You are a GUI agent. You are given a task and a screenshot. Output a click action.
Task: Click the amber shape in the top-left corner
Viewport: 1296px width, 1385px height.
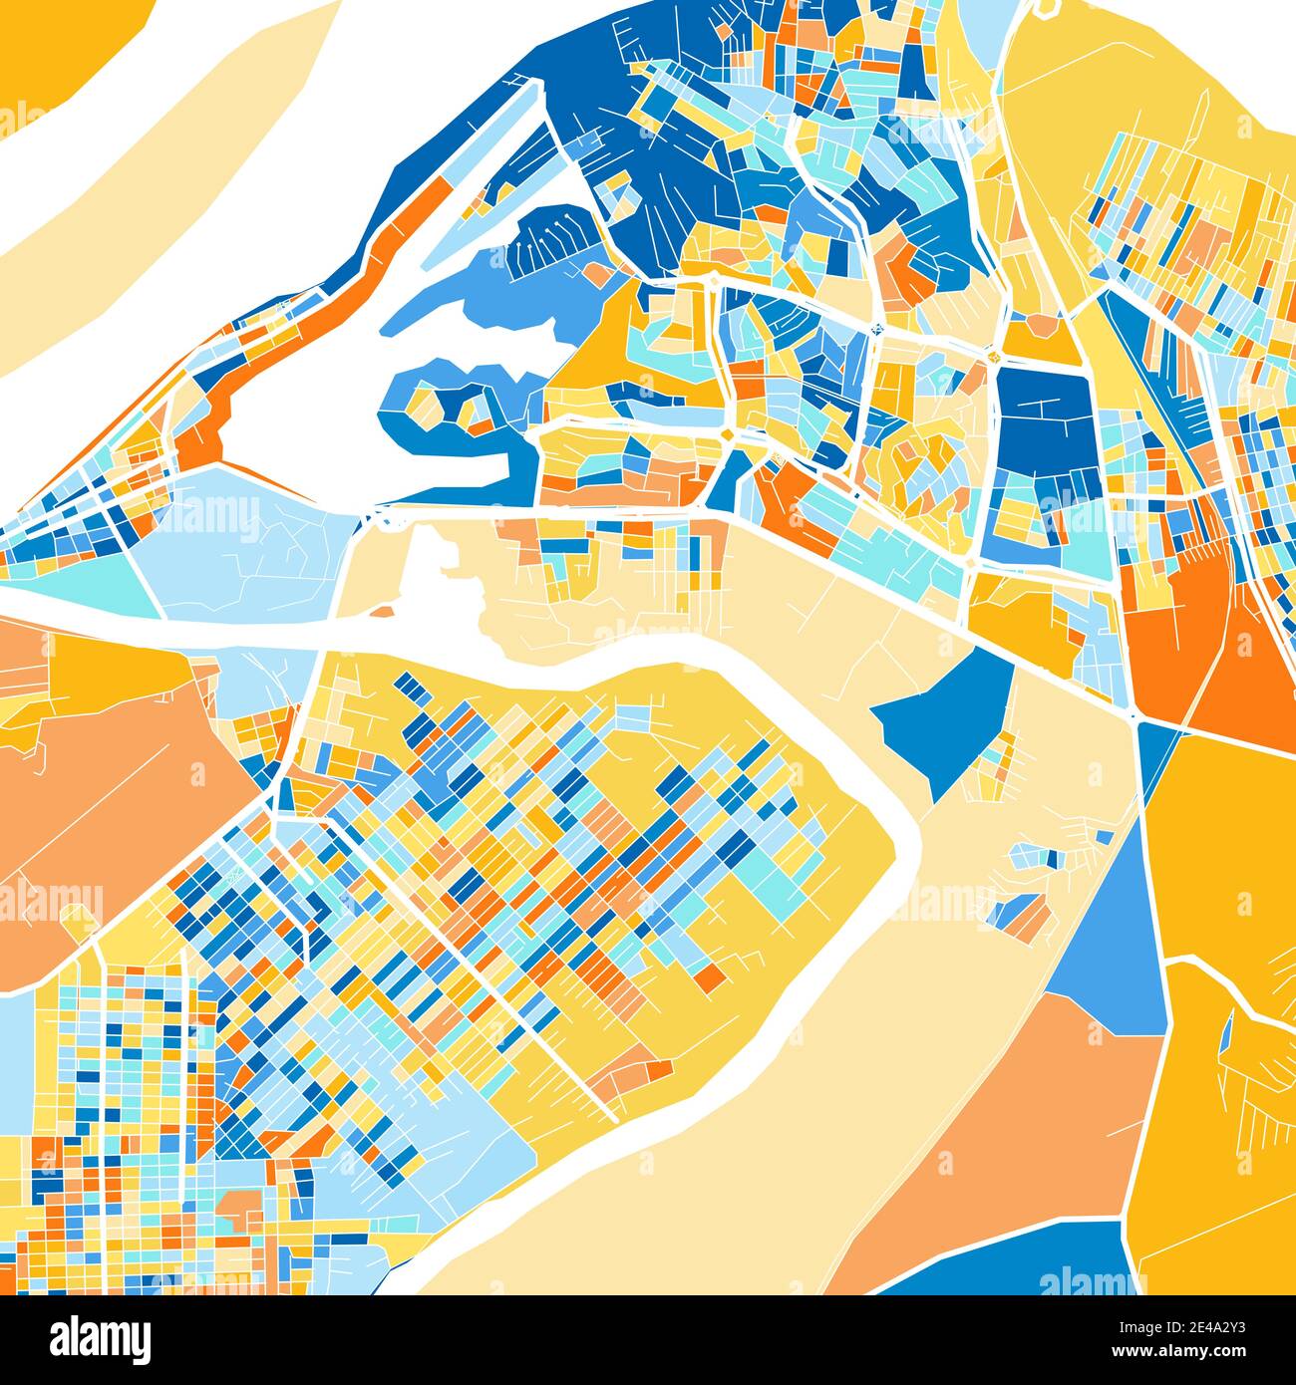point(60,50)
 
